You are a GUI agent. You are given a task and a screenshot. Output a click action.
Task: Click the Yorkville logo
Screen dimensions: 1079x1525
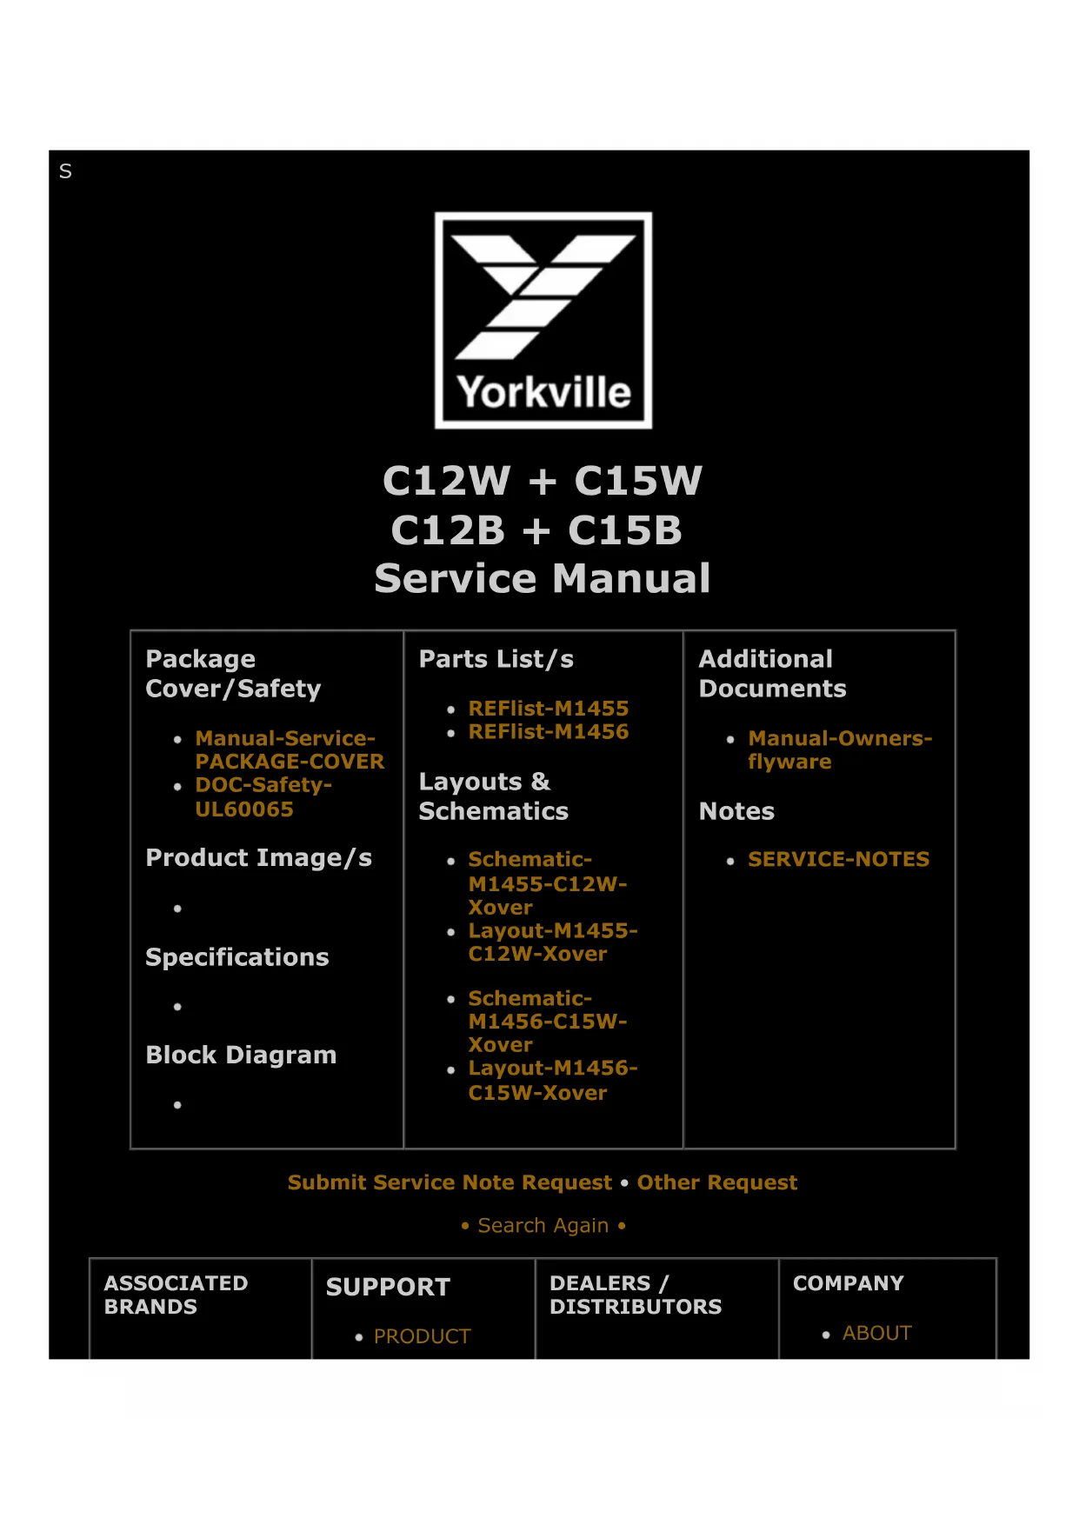click(x=543, y=320)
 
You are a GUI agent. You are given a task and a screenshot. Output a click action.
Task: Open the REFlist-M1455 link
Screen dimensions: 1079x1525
click(x=548, y=709)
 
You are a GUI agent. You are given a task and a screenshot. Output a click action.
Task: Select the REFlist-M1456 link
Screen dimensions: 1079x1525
click(x=548, y=732)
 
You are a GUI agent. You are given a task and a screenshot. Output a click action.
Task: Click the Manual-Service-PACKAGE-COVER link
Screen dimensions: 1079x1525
click(x=289, y=749)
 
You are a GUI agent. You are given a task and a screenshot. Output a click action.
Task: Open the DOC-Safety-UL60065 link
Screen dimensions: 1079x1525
click(x=263, y=796)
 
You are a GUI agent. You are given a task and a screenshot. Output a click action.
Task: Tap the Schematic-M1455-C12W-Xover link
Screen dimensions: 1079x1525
click(x=546, y=883)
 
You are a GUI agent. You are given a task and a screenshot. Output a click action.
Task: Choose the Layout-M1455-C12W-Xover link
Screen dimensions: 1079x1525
click(x=552, y=942)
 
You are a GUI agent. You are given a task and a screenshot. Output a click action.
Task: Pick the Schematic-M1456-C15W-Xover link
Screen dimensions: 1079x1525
click(x=547, y=1022)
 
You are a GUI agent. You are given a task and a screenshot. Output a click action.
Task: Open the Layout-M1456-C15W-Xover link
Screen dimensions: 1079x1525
click(x=552, y=1081)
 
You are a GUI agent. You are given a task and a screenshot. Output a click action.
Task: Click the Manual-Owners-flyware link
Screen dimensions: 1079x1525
click(x=838, y=749)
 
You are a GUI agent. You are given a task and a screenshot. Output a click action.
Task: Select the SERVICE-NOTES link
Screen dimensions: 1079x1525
click(x=838, y=860)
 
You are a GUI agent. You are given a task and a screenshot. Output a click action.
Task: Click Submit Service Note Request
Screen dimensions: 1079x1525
click(x=450, y=1182)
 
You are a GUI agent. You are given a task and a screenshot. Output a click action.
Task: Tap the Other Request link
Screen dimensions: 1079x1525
click(x=716, y=1182)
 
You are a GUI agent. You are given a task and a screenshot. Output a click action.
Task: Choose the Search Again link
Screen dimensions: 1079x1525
click(x=543, y=1226)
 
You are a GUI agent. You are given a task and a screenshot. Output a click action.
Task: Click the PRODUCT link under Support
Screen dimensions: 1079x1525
click(x=422, y=1336)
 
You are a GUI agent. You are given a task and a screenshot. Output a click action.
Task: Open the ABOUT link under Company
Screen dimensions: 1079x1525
click(x=876, y=1334)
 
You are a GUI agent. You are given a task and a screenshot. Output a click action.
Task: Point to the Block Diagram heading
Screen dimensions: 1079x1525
click(x=241, y=1056)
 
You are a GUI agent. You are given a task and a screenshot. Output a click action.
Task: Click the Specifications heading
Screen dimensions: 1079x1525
click(x=236, y=957)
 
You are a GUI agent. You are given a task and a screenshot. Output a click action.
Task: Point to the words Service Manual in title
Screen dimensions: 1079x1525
click(x=543, y=579)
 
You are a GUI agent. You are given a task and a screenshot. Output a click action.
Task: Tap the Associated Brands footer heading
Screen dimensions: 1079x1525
click(x=176, y=1295)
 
